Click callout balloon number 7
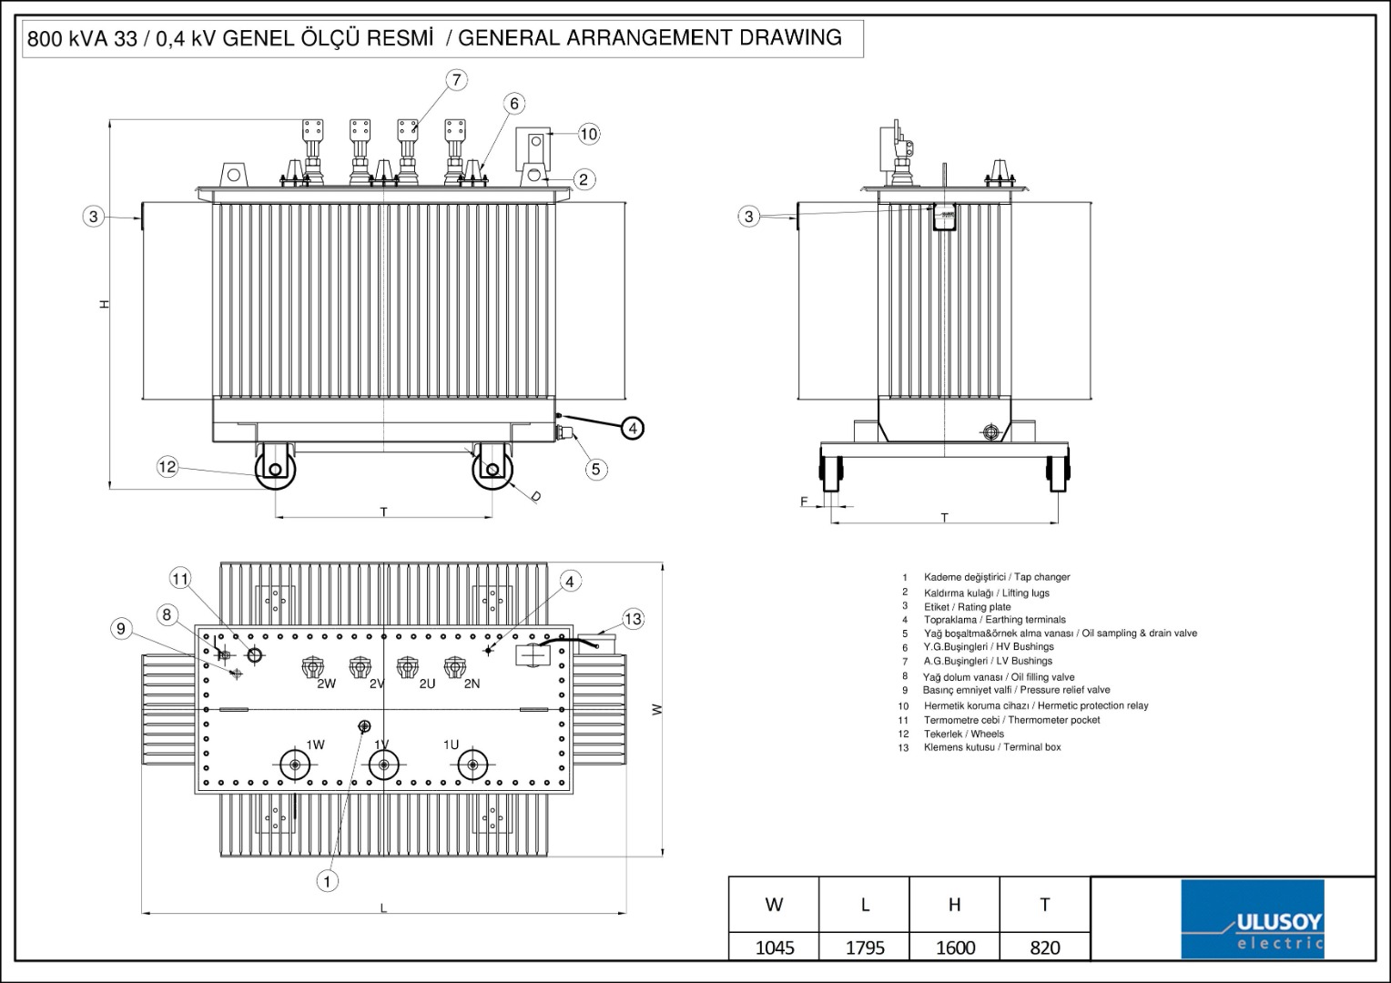tap(456, 79)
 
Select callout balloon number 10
tap(589, 134)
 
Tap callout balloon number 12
tap(168, 467)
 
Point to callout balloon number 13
tap(633, 619)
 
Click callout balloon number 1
tap(327, 880)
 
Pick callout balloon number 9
tap(120, 628)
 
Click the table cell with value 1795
tap(864, 948)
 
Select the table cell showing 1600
tap(955, 948)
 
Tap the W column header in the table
tap(774, 904)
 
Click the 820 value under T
tap(1044, 948)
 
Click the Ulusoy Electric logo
tap(1253, 919)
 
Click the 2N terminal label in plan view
tap(472, 684)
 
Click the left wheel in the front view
tap(274, 470)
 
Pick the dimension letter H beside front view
tap(106, 304)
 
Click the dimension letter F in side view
tap(804, 502)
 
